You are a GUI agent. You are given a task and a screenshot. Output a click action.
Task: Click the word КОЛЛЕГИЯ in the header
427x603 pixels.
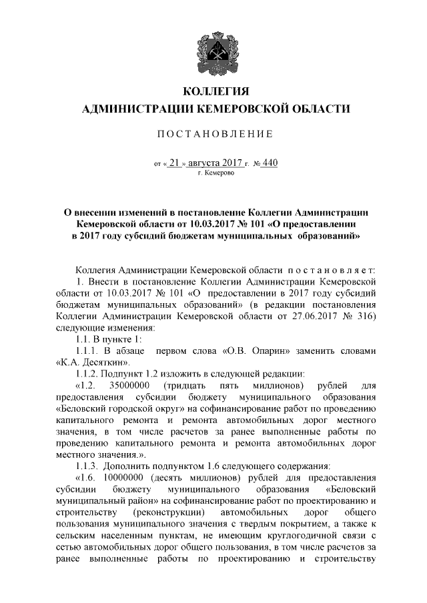215,91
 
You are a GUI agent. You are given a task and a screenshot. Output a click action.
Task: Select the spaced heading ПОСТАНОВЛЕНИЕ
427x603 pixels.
215,135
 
